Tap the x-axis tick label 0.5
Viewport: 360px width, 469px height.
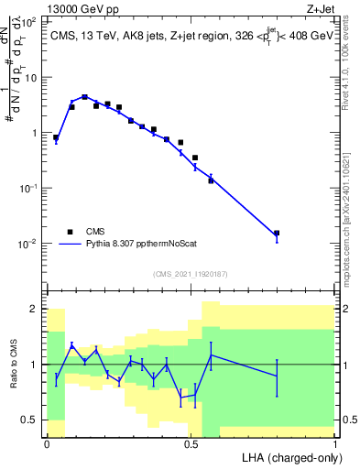(191, 444)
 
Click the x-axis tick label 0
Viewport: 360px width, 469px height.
(47, 444)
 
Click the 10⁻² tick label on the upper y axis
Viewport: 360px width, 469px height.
(30, 244)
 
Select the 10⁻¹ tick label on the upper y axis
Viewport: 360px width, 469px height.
(30, 188)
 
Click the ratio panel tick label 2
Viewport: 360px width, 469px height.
(35, 309)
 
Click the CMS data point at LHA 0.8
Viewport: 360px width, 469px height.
(277, 234)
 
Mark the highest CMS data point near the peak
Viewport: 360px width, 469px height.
(84, 97)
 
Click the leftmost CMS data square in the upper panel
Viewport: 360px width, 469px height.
(56, 137)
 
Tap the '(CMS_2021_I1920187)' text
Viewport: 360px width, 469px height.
(190, 273)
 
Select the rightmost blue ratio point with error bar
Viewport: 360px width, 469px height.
(277, 376)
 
